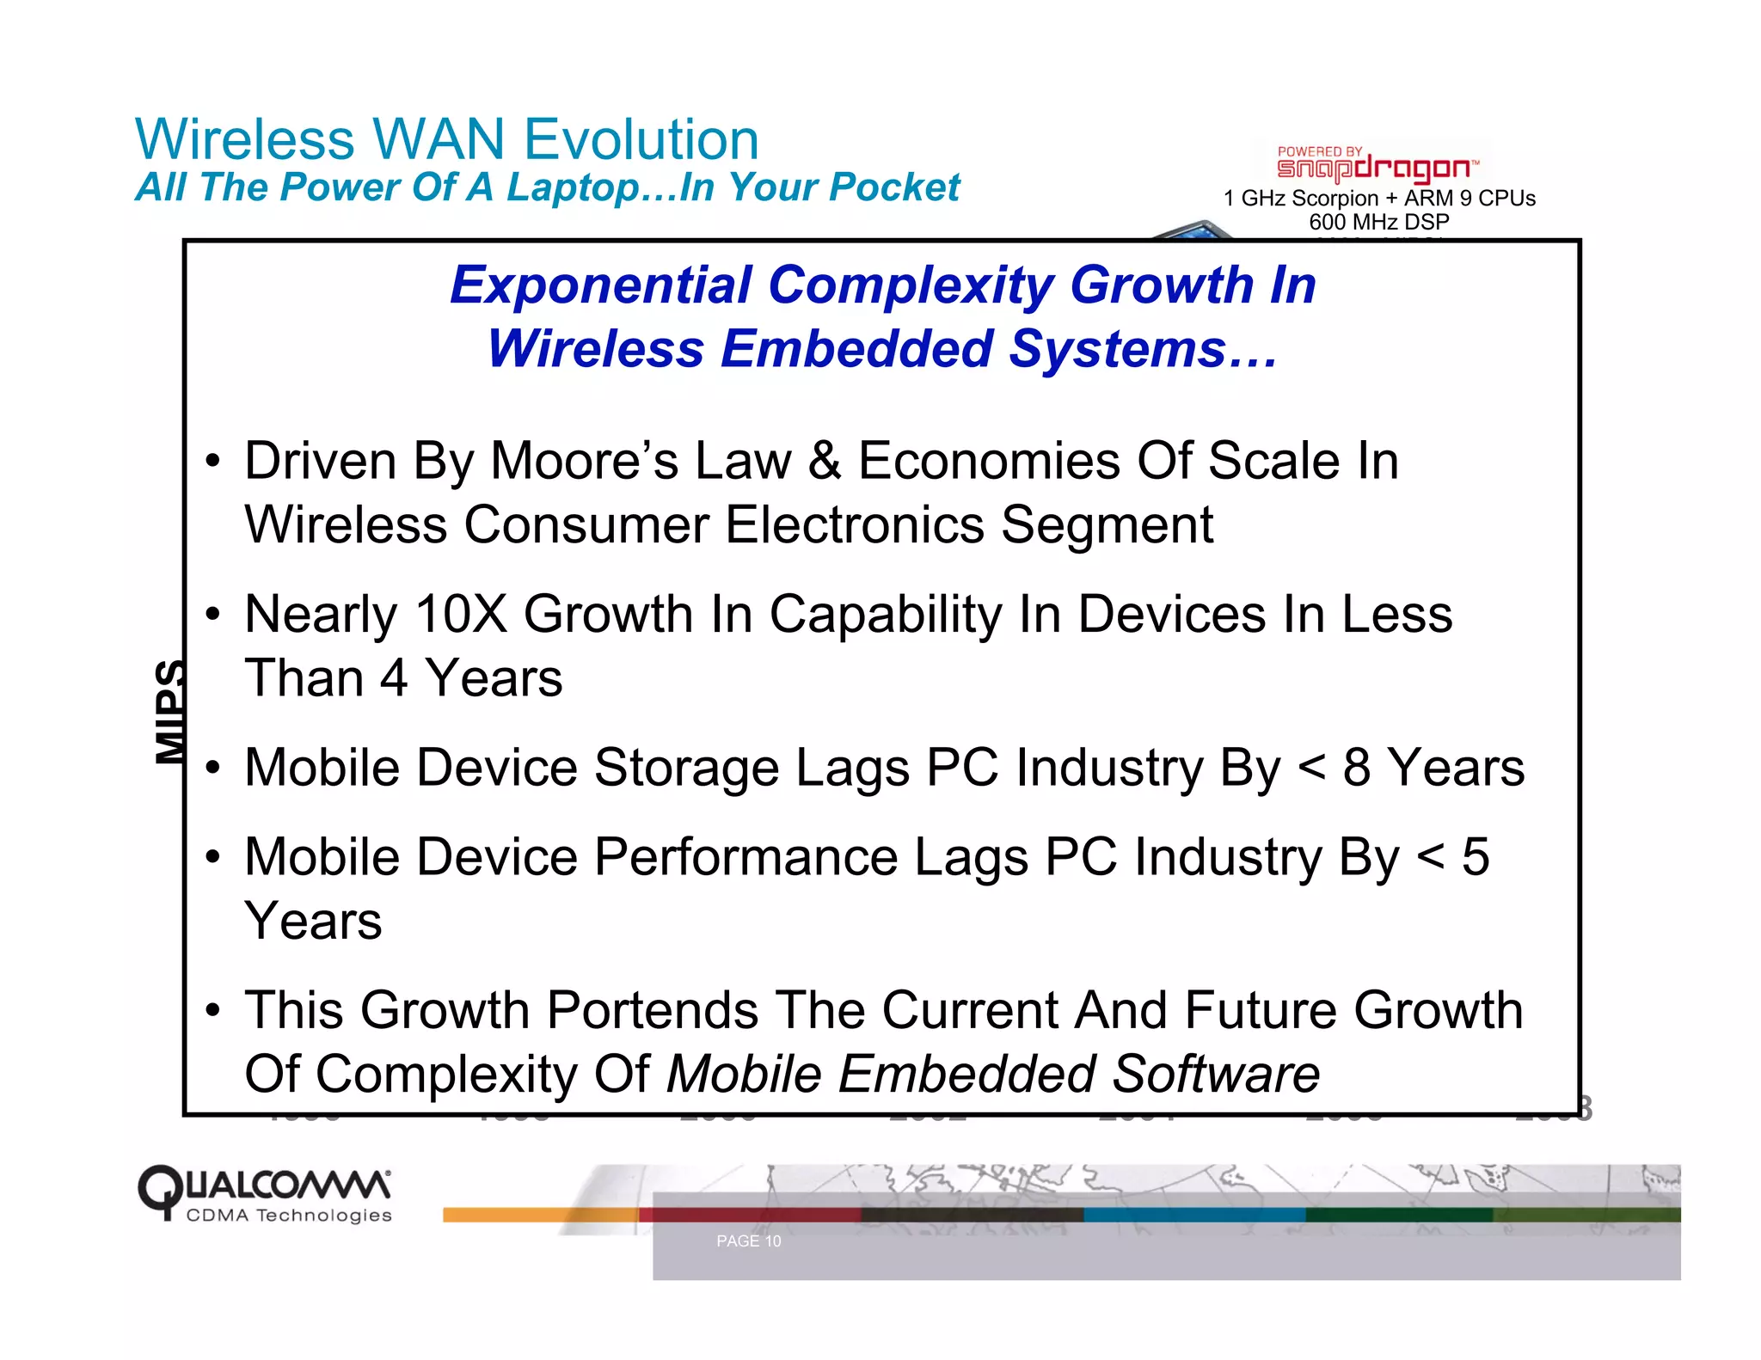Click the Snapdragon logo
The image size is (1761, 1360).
pyautogui.click(x=1377, y=166)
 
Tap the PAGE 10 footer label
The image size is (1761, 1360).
pyautogui.click(x=748, y=1241)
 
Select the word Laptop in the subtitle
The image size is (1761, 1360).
pyautogui.click(x=571, y=187)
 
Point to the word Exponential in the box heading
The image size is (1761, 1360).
pyautogui.click(x=601, y=285)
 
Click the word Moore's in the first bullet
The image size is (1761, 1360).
pyautogui.click(x=584, y=461)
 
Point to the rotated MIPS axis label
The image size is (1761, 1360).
pyautogui.click(x=170, y=712)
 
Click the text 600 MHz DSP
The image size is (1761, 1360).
pyautogui.click(x=1378, y=222)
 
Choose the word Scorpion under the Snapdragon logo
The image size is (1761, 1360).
pyautogui.click(x=1335, y=199)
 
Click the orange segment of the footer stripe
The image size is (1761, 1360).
pyautogui.click(x=540, y=1215)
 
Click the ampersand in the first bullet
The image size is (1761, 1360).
pyautogui.click(x=825, y=461)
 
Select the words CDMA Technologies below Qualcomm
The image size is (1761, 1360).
pyautogui.click(x=289, y=1216)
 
